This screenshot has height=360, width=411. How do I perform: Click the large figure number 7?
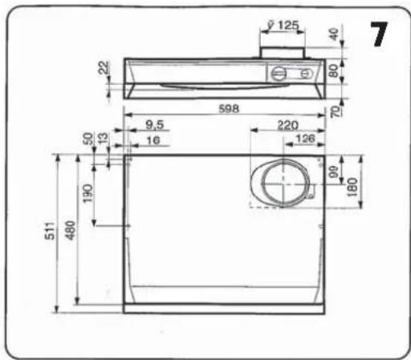[379, 34]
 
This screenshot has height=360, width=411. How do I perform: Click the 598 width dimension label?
[229, 109]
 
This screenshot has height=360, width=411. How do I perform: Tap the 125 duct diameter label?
[288, 26]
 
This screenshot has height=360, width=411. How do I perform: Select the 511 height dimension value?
[51, 231]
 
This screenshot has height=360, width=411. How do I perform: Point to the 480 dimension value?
[71, 230]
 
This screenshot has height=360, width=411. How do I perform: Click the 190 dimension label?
[87, 193]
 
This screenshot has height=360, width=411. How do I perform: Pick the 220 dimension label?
[287, 125]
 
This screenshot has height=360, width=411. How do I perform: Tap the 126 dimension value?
[306, 139]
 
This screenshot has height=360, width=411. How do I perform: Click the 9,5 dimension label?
[155, 125]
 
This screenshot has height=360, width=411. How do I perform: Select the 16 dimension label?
[153, 140]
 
